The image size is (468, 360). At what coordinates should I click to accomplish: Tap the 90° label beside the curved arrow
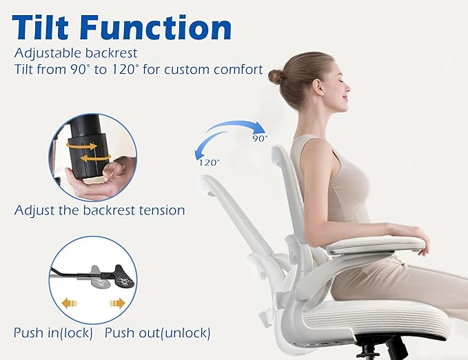pos(259,138)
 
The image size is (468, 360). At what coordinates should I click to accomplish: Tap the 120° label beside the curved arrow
pos(209,162)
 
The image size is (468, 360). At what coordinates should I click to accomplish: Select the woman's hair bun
pos(276,76)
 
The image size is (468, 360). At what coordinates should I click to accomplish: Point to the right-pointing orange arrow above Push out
pos(116,303)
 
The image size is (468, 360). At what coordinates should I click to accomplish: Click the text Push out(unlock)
pos(157,333)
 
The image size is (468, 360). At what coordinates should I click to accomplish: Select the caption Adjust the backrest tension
pos(99,210)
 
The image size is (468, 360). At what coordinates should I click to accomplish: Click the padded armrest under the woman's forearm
pos(376,243)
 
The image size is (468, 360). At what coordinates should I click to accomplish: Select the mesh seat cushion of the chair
pos(386,317)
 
